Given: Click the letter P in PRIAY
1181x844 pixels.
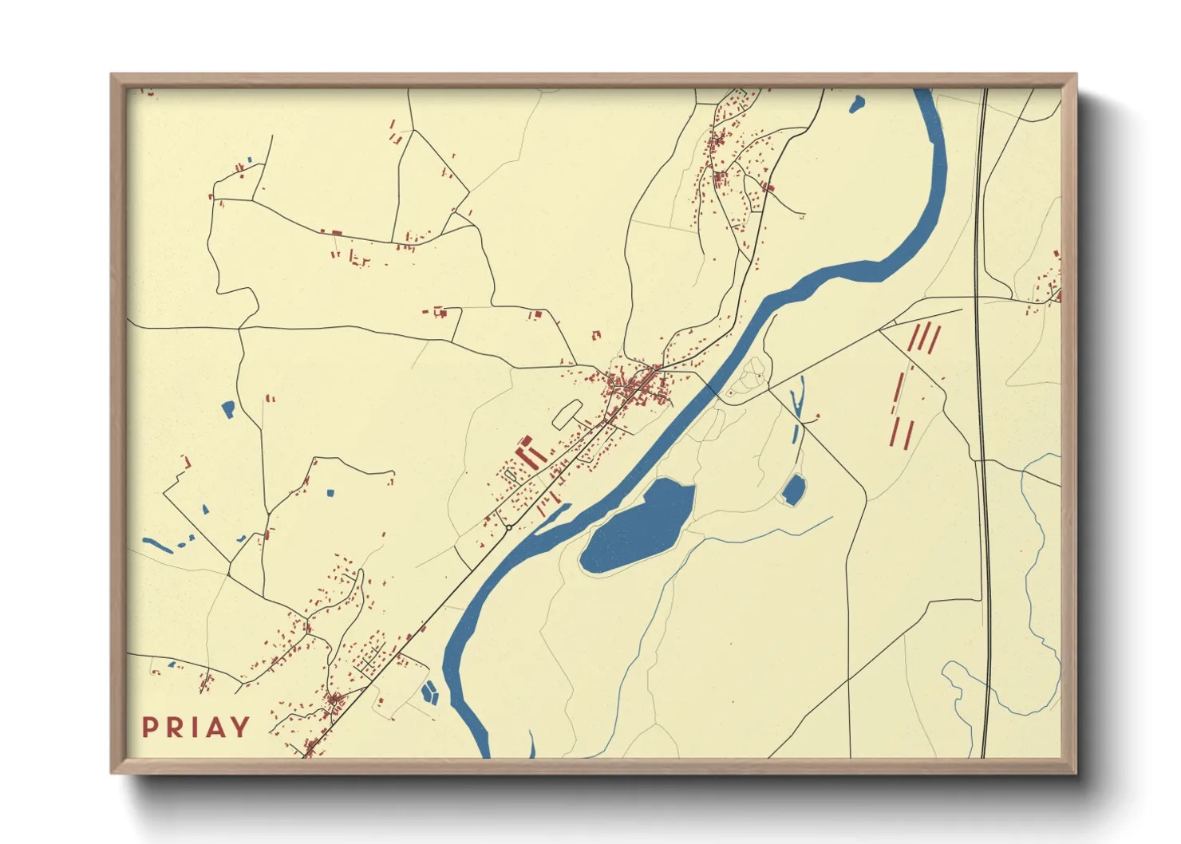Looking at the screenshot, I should point(149,728).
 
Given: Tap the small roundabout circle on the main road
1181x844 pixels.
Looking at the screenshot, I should point(508,527).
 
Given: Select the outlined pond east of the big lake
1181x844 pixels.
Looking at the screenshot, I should point(793,490).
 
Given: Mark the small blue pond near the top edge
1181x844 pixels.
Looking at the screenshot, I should point(857,103).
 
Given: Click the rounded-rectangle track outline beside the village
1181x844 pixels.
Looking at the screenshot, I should point(567,413).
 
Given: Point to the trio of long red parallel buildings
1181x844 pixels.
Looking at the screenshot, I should point(924,337).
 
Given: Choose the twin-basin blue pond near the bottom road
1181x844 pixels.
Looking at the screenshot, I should point(430,692).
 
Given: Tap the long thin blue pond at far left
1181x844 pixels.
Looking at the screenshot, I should point(158,546).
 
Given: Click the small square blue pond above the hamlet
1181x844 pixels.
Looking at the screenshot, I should point(330,492).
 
